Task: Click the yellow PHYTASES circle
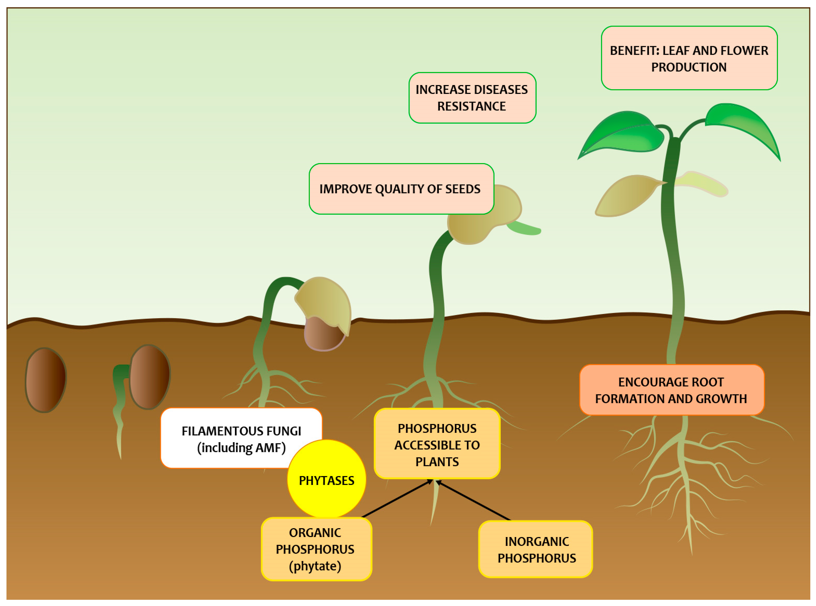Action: tap(326, 479)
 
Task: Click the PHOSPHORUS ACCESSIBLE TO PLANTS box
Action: tap(437, 444)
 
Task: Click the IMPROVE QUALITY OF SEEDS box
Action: tap(401, 189)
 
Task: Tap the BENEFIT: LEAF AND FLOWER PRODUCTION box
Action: tap(689, 58)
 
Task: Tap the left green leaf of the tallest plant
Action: tap(623, 134)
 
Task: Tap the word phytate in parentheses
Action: tap(315, 566)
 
